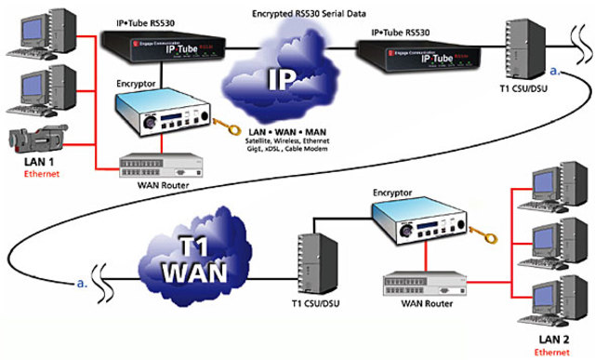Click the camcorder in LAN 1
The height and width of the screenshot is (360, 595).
click(x=38, y=140)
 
